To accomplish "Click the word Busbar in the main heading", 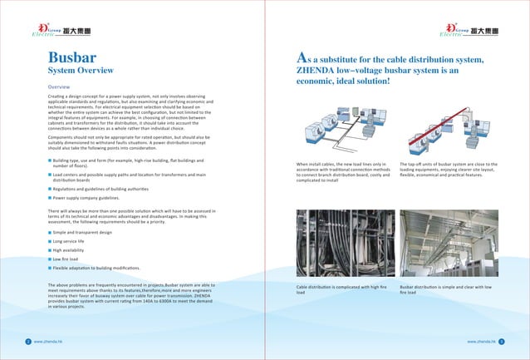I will [x=71, y=58].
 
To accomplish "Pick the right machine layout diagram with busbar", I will [x=449, y=125].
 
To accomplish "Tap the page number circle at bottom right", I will [x=501, y=341].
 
